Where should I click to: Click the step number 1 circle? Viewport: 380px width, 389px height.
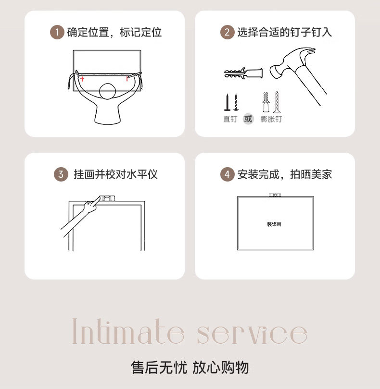57,33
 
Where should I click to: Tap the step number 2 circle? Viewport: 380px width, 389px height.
227,33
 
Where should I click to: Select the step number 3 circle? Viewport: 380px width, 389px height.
61,174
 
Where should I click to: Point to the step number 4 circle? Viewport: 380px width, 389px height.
227,174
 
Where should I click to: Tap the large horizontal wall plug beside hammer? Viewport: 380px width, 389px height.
243,74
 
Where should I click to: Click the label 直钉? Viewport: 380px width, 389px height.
230,119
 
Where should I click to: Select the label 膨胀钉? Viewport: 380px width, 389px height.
271,119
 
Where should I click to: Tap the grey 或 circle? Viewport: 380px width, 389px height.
248,119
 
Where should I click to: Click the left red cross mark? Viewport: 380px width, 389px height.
82,78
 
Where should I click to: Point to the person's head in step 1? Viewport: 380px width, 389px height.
107,91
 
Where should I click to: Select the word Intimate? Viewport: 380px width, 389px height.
128,332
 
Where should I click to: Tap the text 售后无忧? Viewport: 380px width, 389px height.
158,367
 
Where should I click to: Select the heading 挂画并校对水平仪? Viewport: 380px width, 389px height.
115,174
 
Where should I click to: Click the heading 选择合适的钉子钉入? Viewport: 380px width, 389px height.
284,33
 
